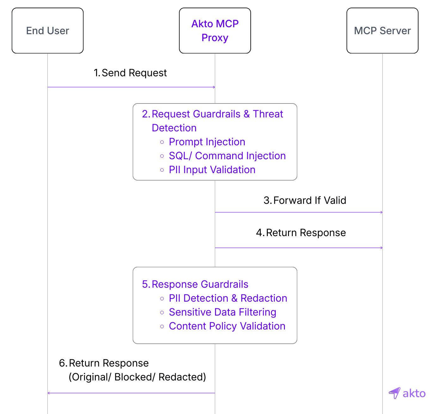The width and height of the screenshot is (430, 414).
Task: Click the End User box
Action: click(x=47, y=31)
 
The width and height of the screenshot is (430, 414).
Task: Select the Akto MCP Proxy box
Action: click(x=215, y=31)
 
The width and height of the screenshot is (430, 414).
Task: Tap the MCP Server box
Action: click(x=382, y=31)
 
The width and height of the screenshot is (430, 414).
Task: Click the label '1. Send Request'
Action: click(x=130, y=73)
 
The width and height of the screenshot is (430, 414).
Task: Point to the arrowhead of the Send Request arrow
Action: click(x=214, y=87)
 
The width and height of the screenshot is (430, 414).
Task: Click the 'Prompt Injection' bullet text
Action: click(x=207, y=142)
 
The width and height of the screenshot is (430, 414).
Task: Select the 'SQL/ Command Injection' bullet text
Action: click(x=227, y=156)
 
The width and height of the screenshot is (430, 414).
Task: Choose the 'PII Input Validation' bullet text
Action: click(x=212, y=170)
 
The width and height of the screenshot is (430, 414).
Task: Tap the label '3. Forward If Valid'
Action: click(x=305, y=200)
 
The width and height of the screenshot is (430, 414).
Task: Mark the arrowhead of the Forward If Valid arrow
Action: click(x=382, y=212)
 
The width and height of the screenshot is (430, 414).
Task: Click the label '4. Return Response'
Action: click(x=301, y=233)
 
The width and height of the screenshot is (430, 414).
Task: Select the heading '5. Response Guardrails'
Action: click(x=195, y=284)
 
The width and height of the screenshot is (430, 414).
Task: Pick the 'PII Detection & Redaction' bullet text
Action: click(x=228, y=298)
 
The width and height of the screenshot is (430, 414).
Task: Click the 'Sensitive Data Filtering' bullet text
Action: click(x=222, y=312)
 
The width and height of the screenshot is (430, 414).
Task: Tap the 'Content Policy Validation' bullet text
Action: click(x=227, y=326)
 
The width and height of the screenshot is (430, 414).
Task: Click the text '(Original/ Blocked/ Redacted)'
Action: click(x=137, y=377)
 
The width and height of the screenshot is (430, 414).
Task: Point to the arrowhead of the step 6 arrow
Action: click(x=49, y=393)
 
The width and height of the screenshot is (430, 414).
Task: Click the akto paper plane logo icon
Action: click(x=395, y=393)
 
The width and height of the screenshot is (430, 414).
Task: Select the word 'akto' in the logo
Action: click(x=414, y=393)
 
